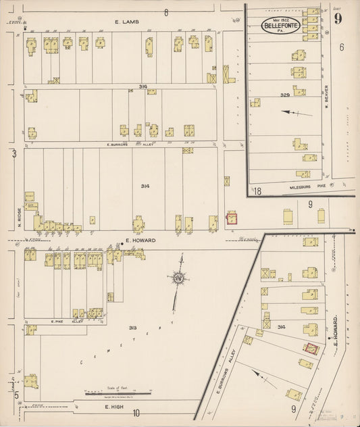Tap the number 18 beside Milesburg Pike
click(257, 192)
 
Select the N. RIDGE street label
click(20, 218)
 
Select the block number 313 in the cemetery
click(134, 328)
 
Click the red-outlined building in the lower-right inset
click(311, 349)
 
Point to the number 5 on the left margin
click(15, 394)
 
